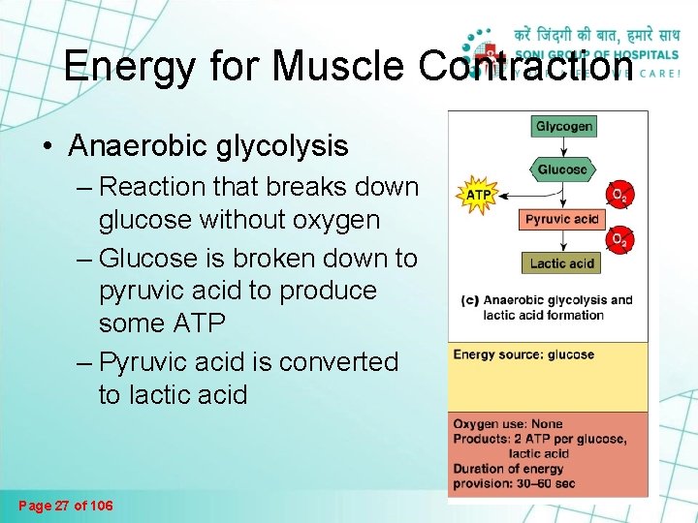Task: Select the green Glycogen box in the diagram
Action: [563, 126]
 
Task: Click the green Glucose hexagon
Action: [562, 169]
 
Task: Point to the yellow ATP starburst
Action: [480, 194]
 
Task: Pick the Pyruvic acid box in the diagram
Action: [562, 219]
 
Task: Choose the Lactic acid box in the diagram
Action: [562, 262]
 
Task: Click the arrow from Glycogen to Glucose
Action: [563, 146]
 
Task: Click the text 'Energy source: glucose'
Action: [523, 354]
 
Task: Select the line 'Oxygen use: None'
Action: [507, 423]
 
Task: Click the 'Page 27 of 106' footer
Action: [66, 506]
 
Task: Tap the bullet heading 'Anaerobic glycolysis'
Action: [207, 145]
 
